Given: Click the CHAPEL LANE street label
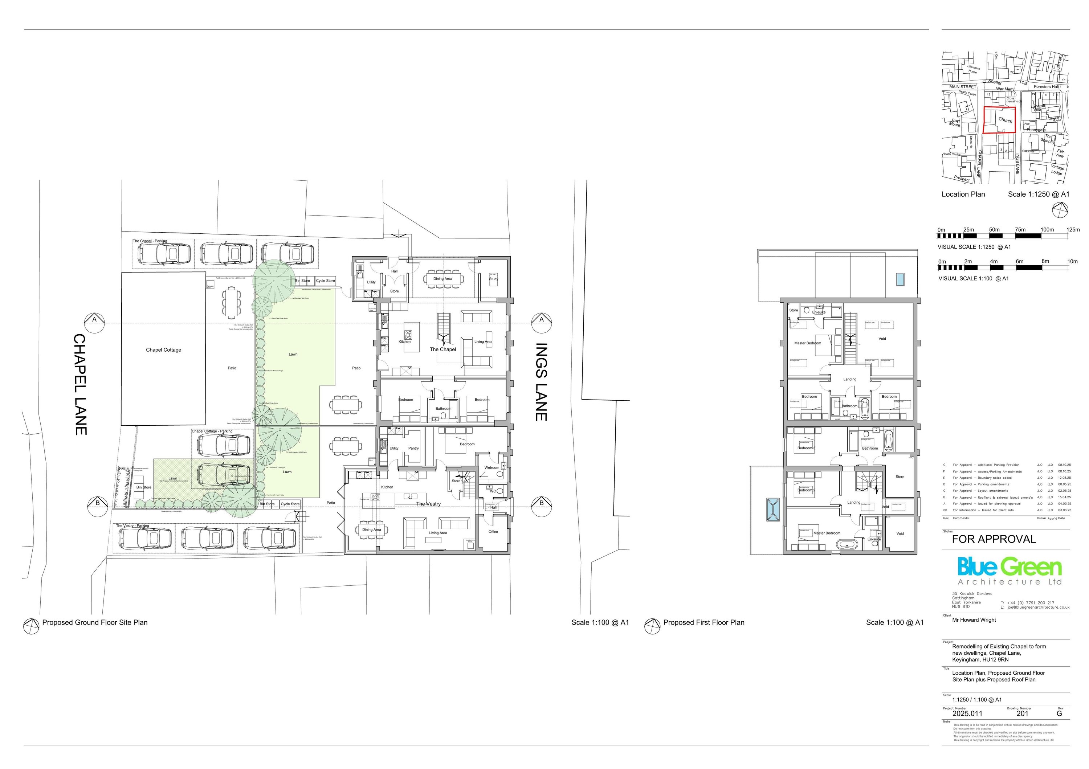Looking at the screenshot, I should click(x=80, y=385).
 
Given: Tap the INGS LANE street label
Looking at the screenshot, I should click(x=541, y=382).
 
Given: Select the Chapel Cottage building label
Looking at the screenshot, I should click(x=164, y=350).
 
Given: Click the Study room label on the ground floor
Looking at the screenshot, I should click(x=493, y=279).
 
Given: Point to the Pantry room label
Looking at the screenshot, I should click(x=413, y=448).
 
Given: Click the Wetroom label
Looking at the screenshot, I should click(x=492, y=467).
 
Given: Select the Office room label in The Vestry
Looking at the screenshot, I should click(x=493, y=531).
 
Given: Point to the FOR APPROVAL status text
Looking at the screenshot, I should click(x=994, y=539).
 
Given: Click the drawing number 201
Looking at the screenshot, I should click(x=1022, y=713).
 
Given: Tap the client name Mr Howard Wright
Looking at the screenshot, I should click(x=974, y=619).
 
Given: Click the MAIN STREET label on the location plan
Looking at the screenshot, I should click(x=963, y=87).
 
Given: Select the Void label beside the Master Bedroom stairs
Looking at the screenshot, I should click(x=882, y=339).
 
